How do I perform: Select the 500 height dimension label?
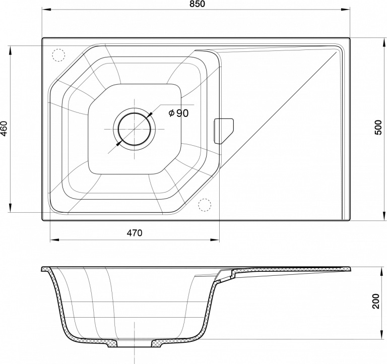378,128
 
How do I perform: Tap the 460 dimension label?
5,129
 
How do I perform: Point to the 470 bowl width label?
135,233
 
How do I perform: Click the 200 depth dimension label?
376,301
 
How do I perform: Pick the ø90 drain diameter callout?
178,113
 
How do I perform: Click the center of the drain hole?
135,129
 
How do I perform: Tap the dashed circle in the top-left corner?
58,55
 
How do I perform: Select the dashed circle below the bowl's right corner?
205,205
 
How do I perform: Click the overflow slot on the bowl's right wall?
223,131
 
